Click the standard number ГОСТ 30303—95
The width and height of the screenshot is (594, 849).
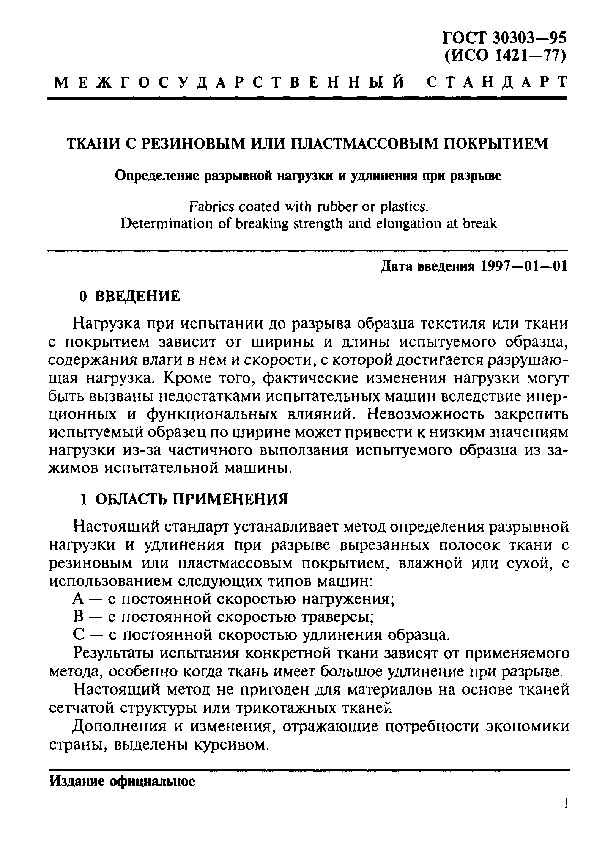click(504, 38)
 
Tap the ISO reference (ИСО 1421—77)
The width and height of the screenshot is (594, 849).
click(505, 56)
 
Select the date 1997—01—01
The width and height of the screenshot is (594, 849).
click(524, 267)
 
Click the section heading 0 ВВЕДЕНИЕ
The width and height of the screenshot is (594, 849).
click(129, 296)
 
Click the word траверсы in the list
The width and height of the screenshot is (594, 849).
click(338, 617)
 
